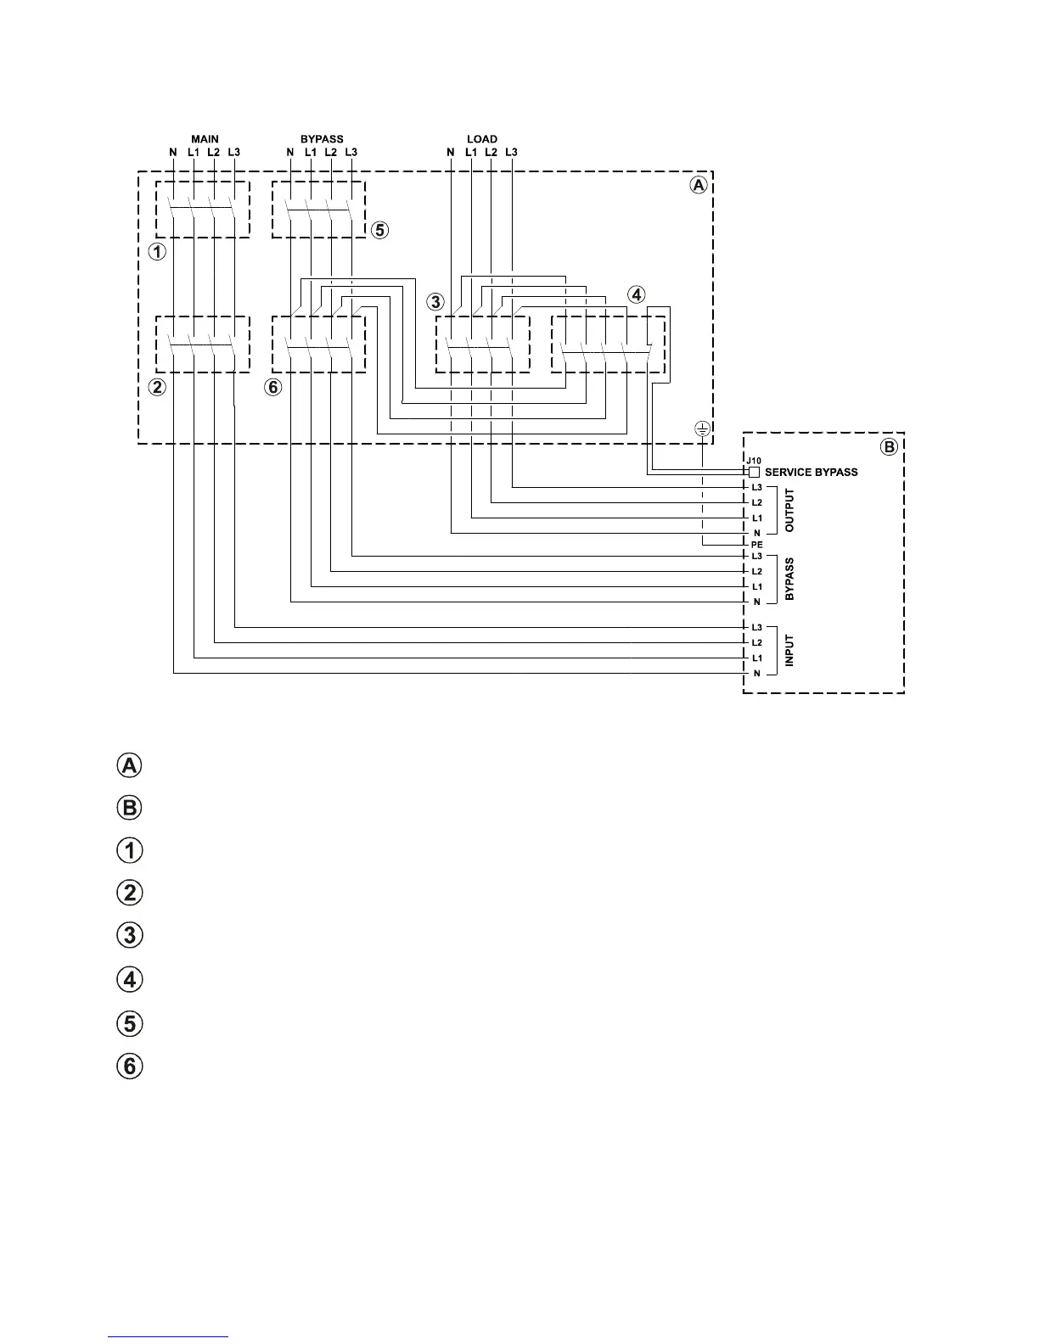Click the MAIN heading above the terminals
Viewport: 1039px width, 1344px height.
pos(205,139)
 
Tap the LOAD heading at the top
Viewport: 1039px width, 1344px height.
pos(482,139)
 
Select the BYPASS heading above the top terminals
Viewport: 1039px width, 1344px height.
pos(322,139)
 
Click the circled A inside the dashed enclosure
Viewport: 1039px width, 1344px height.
pos(697,185)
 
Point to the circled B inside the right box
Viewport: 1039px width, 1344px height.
pos(889,447)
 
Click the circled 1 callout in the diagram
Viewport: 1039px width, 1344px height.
pos(157,252)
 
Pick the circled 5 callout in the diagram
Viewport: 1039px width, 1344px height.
pos(380,230)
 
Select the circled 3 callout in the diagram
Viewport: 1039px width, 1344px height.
pos(435,301)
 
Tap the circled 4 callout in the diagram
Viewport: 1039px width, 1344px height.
pos(636,294)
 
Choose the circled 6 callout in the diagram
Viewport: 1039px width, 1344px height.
pos(272,388)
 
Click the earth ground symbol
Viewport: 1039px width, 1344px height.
pos(703,429)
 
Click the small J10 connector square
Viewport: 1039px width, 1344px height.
pos(754,472)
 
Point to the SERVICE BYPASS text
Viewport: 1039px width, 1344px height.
pos(811,472)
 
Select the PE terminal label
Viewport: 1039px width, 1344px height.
pos(757,544)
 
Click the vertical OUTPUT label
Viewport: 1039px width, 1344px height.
pos(789,510)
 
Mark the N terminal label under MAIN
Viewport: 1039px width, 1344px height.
pos(173,153)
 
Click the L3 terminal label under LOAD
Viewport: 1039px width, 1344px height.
pos(511,153)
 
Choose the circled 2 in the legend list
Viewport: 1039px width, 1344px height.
pos(129,893)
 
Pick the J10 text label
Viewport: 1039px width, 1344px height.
pos(754,461)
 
